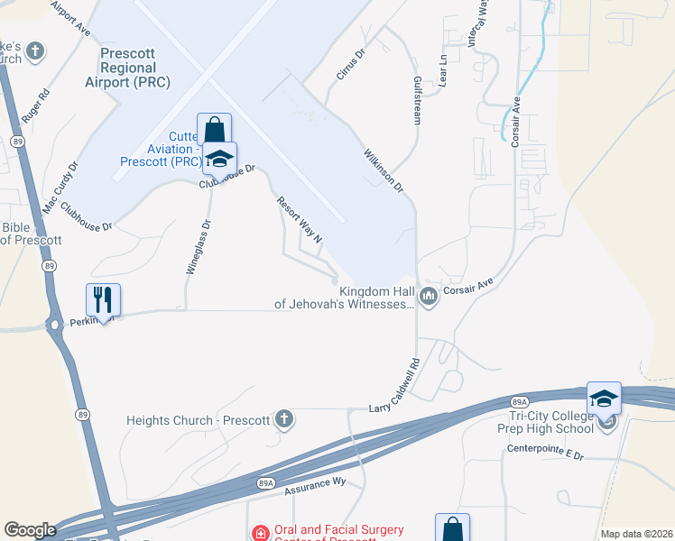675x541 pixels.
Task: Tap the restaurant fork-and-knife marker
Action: [x=103, y=299]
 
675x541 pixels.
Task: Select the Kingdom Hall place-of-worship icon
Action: [x=429, y=296]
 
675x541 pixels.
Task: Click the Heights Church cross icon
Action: [x=283, y=418]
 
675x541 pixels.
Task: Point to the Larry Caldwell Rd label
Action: [x=395, y=384]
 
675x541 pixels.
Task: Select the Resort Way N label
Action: [x=300, y=221]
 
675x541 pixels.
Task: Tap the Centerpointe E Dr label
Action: [x=545, y=454]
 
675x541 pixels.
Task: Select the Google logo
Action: [x=30, y=529]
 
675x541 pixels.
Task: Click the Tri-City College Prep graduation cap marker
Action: [x=604, y=398]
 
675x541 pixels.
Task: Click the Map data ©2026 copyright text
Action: [x=636, y=534]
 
